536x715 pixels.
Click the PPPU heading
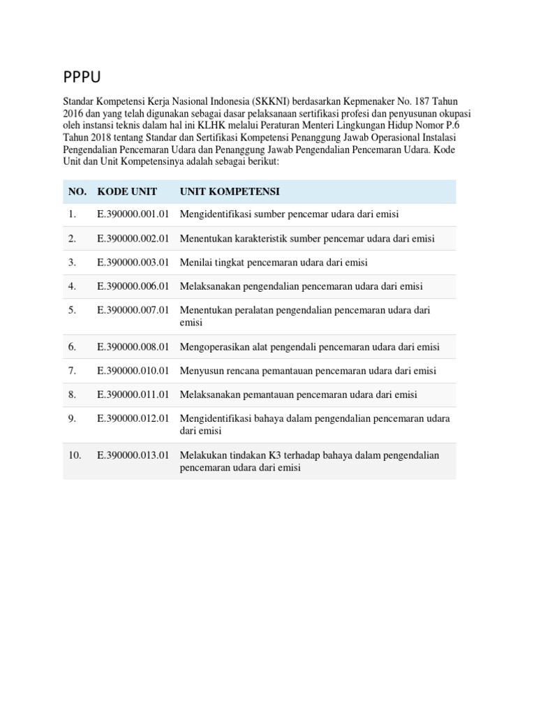pyautogui.click(x=84, y=76)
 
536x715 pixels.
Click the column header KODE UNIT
pyautogui.click(x=127, y=191)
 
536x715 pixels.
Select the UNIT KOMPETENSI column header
pyautogui.click(x=230, y=191)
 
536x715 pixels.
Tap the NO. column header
pyautogui.click(x=77, y=191)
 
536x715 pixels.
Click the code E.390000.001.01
pyautogui.click(x=133, y=214)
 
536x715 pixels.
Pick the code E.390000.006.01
pyautogui.click(x=133, y=286)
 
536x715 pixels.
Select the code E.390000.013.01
pyautogui.click(x=133, y=455)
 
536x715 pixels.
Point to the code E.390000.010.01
pyautogui.click(x=133, y=371)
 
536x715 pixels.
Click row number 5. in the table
pyautogui.click(x=73, y=310)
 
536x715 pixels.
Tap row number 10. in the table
pyautogui.click(x=75, y=455)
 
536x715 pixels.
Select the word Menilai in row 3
pyautogui.click(x=195, y=263)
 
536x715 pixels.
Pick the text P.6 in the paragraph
pyautogui.click(x=452, y=126)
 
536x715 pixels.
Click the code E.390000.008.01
pyautogui.click(x=133, y=347)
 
